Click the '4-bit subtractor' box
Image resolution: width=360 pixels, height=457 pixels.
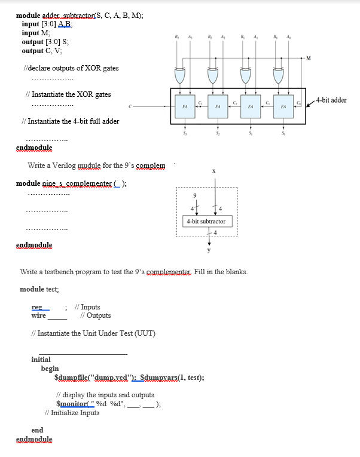tap(206, 221)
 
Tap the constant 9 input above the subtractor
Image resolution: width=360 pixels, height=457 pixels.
tap(193, 195)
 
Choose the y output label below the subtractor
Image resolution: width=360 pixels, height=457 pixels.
tap(209, 250)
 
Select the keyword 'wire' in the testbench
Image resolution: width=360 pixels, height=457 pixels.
tap(38, 315)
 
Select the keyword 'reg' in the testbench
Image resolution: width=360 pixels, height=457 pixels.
tap(37, 307)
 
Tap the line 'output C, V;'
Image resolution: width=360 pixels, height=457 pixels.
tap(41, 51)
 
